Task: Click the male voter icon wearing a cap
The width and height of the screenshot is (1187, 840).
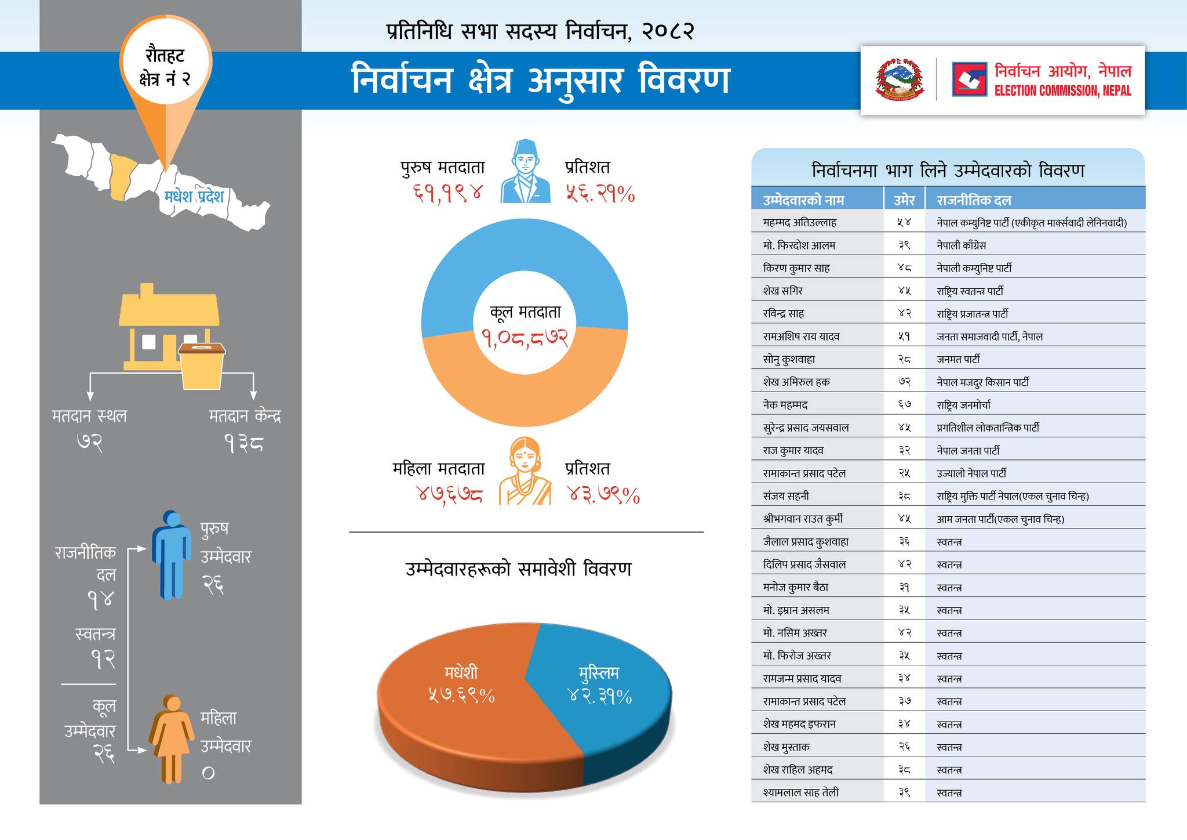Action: pos(525,172)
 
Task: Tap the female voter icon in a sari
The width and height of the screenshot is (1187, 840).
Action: pos(525,471)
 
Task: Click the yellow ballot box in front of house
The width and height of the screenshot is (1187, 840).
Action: pos(202,365)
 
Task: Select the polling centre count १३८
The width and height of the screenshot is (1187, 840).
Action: pos(244,444)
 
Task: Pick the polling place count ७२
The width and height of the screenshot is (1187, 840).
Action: pos(89,444)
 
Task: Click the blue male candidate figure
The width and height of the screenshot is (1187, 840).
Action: pos(172,554)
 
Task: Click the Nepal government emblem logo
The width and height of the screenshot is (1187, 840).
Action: pos(898,80)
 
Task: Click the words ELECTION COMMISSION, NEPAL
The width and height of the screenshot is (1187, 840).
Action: pos(1062,90)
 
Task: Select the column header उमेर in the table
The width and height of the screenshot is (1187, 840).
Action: pos(904,200)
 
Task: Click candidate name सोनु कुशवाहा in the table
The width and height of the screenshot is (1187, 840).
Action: pos(789,359)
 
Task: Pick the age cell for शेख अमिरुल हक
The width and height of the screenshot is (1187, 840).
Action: pos(904,382)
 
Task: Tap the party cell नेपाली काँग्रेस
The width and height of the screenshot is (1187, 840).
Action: pos(961,245)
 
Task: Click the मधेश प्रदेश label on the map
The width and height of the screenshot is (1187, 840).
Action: pos(194,197)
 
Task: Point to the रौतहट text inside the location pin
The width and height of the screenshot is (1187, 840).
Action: pos(165,57)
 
